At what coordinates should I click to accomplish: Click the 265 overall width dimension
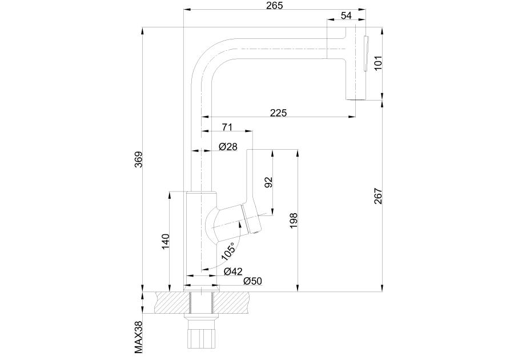point(275,6)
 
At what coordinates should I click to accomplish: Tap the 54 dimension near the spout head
point(346,15)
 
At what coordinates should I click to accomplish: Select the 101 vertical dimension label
point(378,62)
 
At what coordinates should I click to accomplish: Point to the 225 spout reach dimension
point(278,113)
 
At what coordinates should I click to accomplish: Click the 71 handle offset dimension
point(227,126)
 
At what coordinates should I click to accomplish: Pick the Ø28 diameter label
point(228,147)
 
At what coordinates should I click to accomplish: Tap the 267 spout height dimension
point(378,197)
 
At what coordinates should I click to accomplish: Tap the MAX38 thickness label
point(138,337)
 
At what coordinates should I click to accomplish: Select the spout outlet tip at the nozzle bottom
point(355,98)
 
